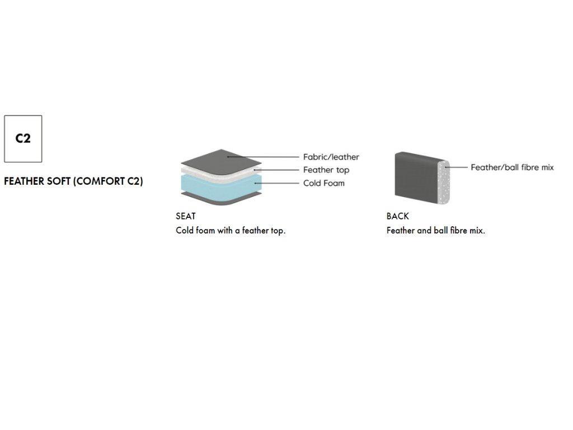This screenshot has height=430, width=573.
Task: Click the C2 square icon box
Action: [x=23, y=139]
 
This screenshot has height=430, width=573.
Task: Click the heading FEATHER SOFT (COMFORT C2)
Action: [x=73, y=182]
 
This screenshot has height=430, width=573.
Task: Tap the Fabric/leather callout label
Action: [x=331, y=157]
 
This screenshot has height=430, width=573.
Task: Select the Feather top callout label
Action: [x=326, y=170]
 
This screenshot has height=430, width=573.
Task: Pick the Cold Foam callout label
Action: [x=323, y=183]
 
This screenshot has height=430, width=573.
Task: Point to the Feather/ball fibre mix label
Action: [x=512, y=167]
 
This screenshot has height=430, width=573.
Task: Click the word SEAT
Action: [x=186, y=216]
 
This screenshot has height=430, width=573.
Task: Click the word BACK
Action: [x=397, y=216]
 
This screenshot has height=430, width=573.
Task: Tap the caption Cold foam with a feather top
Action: [x=231, y=230]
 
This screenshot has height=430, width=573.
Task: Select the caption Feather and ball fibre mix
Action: [x=435, y=230]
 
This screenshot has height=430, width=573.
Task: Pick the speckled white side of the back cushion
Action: [x=445, y=179]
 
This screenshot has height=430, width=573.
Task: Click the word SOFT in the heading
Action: [x=58, y=182]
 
